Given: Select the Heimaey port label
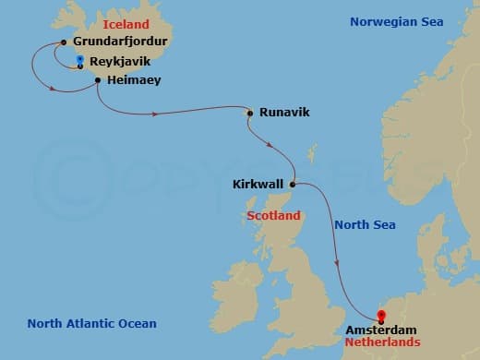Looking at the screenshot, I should [135, 80].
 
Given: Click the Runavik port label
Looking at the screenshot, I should [283, 113].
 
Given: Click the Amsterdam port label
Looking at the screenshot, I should [380, 330].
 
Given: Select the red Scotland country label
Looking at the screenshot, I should [274, 216].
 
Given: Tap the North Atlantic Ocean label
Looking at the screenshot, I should [91, 323].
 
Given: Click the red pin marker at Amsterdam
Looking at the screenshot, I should [381, 317].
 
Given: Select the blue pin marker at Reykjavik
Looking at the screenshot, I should [80, 61].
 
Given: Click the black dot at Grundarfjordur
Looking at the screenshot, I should [62, 42].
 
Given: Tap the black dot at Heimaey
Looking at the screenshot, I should [97, 81].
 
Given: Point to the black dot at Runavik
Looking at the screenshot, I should [249, 114].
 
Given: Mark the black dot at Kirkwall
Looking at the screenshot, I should [294, 184].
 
